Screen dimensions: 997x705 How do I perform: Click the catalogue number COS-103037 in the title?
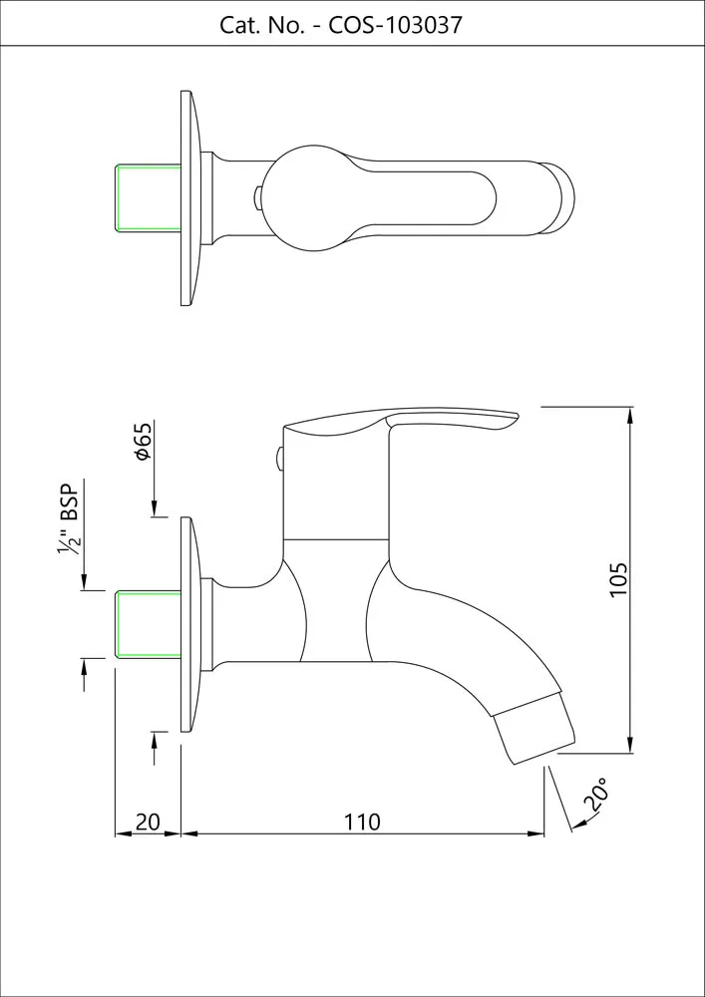tap(395, 26)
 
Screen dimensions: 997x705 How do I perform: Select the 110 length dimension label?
tap(362, 822)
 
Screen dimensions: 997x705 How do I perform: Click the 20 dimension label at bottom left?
tap(148, 822)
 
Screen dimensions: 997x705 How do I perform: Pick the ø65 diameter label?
tap(143, 442)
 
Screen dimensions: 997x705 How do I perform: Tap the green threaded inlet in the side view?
tap(149, 624)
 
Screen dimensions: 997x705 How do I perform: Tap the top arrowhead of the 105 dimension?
tap(629, 414)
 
